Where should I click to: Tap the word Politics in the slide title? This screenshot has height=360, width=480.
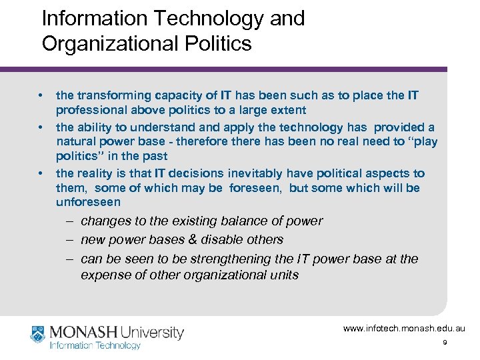219,43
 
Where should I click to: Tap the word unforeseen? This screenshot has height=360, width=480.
88,202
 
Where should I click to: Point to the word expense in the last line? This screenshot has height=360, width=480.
103,275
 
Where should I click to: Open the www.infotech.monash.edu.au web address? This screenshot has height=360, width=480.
404,329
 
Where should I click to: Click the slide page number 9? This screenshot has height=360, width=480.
444,343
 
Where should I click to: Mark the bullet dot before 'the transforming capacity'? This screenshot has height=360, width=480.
41,95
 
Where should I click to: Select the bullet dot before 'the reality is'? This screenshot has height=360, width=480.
41,173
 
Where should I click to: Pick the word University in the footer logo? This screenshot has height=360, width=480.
153,331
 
